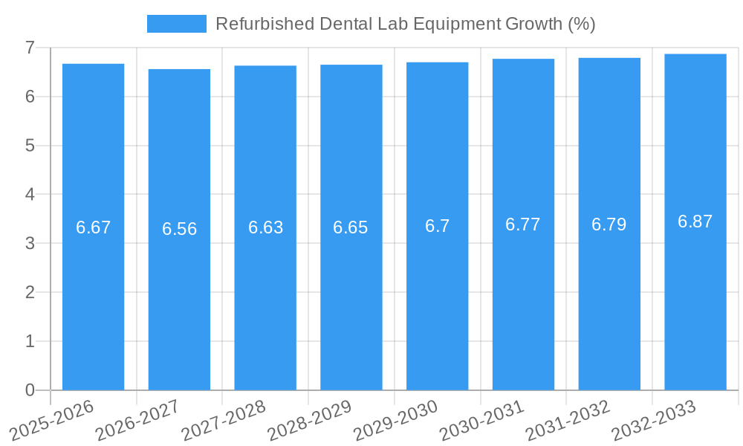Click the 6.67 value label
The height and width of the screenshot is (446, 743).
[x=93, y=227]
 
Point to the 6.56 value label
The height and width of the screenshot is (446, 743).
[x=179, y=229]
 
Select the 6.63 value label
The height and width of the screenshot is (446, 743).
[x=265, y=227]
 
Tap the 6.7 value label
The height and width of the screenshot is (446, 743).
[x=437, y=226]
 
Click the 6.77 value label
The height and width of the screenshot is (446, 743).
[x=523, y=224]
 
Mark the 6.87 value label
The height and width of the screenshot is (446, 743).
[x=695, y=222]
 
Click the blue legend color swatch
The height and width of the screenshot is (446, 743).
[x=176, y=24]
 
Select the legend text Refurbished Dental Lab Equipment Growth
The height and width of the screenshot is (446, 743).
[x=405, y=24]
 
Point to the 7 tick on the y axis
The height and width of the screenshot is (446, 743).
[x=30, y=48]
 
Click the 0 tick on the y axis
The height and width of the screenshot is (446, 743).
[x=30, y=390]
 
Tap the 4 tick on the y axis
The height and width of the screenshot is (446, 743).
[x=30, y=195]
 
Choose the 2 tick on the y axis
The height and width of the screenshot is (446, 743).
[x=30, y=292]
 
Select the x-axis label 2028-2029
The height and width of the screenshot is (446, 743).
[x=310, y=421]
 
